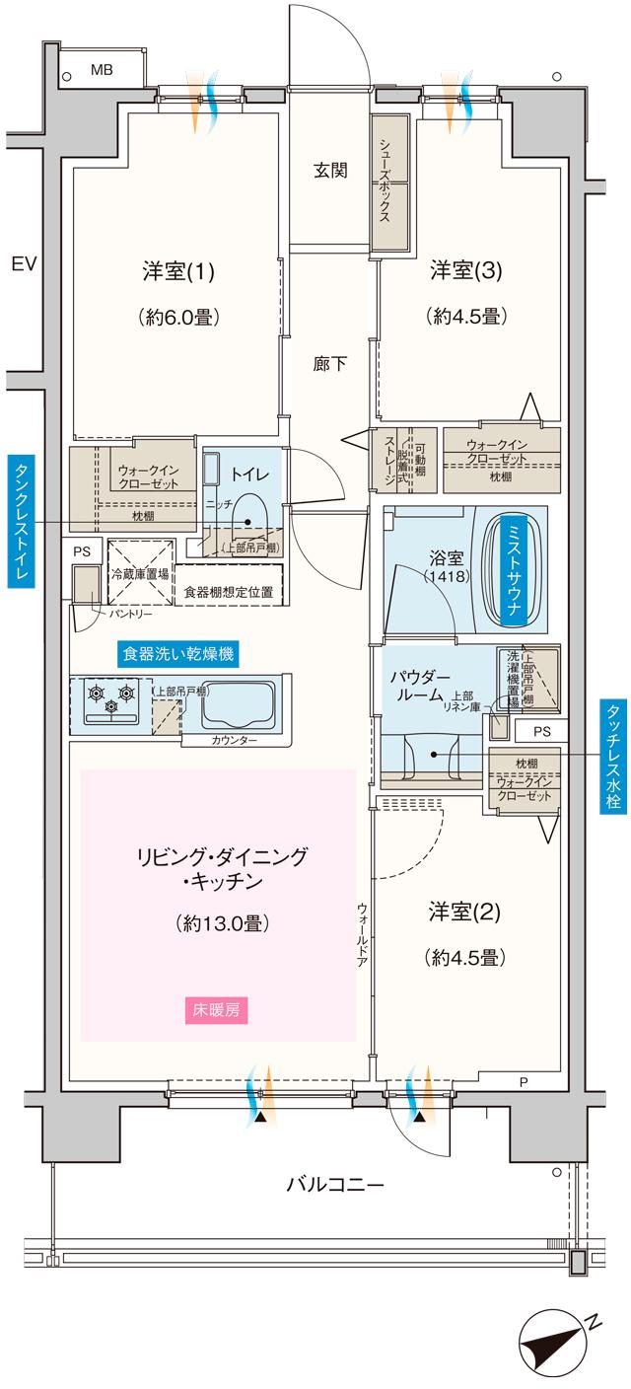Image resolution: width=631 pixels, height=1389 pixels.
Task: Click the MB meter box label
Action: click(102, 70)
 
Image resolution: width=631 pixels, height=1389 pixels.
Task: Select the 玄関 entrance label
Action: click(330, 171)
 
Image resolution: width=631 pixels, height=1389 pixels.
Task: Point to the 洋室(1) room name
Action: click(178, 270)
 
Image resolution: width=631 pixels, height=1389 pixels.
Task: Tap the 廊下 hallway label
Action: click(330, 364)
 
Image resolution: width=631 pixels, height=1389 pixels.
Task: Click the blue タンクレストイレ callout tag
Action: click(20, 522)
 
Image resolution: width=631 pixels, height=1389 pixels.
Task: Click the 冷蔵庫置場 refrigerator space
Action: click(138, 572)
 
